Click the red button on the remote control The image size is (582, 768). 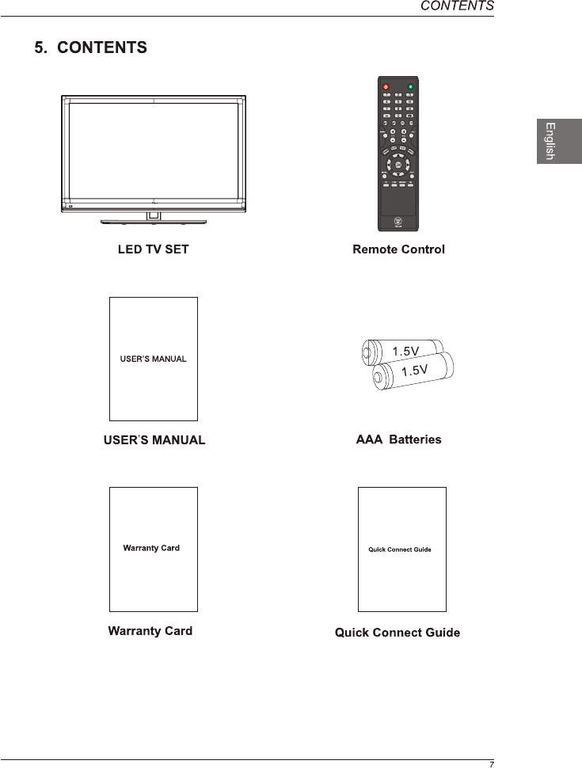click(386, 86)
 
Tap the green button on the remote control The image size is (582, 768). click(411, 86)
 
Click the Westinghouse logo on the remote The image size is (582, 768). click(398, 222)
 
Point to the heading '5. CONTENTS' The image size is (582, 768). click(90, 48)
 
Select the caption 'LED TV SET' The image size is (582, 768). click(154, 249)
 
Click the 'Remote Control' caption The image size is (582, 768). click(398, 249)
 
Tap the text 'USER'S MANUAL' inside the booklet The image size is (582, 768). click(153, 359)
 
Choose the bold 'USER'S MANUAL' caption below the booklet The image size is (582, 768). click(154, 440)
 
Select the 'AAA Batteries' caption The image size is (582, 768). click(398, 439)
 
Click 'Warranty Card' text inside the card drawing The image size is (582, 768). click(151, 548)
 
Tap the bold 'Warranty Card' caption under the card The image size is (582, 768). click(150, 631)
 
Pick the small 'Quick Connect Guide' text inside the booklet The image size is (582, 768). click(400, 549)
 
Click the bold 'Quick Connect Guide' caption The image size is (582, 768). click(398, 633)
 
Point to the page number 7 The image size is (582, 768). click(491, 764)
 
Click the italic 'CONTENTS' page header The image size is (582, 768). click(457, 6)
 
